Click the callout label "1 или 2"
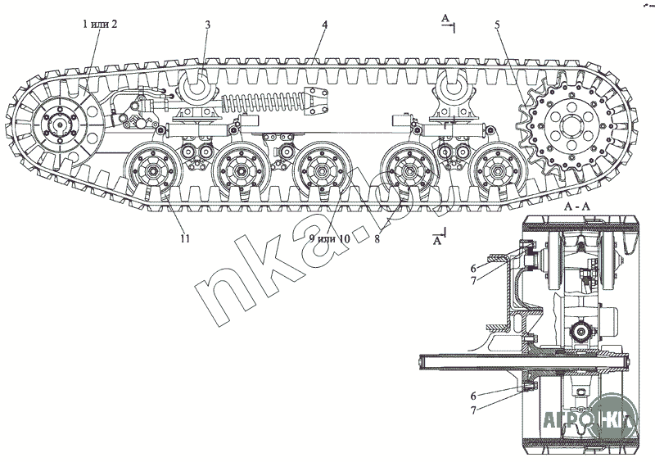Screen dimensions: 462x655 tap(101, 24)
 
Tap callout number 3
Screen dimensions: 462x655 tap(208, 25)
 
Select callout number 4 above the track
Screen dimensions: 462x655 tap(325, 25)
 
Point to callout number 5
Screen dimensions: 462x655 tap(496, 25)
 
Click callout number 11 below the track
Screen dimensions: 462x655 tap(185, 238)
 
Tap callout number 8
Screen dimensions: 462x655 tap(376, 239)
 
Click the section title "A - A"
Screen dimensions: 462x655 tap(577, 209)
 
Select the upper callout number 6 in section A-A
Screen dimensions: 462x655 tap(472, 268)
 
